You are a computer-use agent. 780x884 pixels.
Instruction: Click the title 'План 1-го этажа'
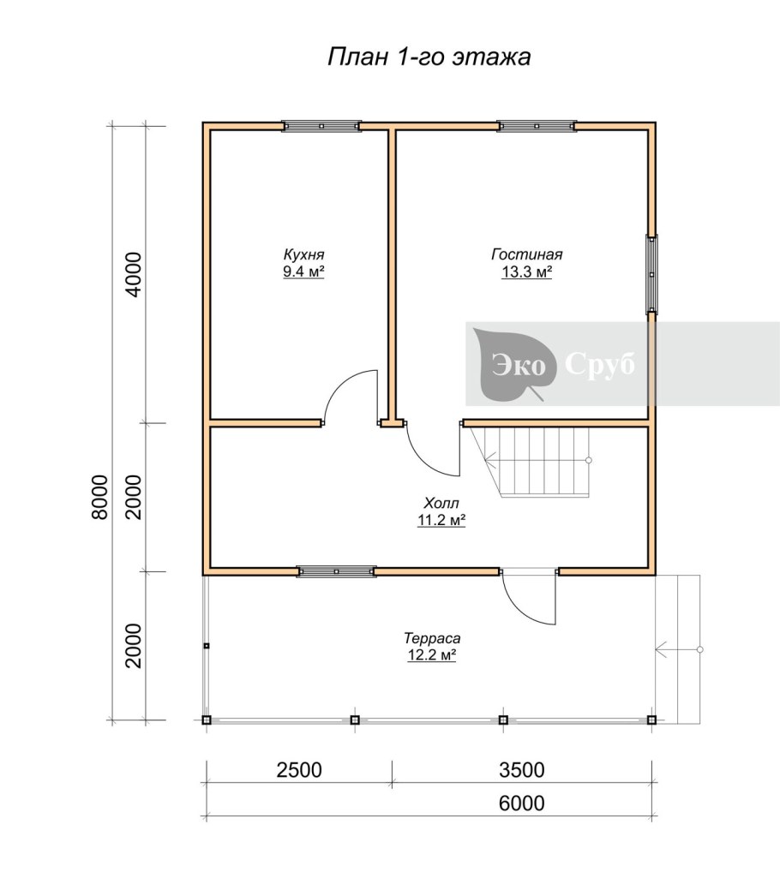coord(429,57)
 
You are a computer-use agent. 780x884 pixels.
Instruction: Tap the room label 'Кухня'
coord(304,254)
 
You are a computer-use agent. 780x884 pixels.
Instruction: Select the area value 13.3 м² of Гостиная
coord(527,272)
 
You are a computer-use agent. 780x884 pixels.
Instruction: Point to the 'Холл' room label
coord(441,503)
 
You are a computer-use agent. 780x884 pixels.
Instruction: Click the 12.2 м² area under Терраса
coord(431,655)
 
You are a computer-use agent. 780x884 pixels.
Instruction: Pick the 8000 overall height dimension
coord(99,497)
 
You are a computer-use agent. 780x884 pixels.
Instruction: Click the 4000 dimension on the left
coord(134,275)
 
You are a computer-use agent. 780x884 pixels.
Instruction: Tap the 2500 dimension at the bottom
coord(299,770)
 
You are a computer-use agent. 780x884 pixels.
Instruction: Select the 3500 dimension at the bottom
coord(522,770)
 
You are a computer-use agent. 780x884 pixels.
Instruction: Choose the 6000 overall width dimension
coord(522,803)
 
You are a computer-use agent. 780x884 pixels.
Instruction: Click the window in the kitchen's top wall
coord(321,126)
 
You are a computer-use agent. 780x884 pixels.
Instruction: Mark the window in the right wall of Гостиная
coord(651,275)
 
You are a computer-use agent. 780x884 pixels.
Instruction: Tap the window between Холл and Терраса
coord(336,571)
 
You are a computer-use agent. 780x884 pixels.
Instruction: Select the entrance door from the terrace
coord(529,598)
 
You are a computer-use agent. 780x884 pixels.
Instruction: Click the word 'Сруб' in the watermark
coord(599,364)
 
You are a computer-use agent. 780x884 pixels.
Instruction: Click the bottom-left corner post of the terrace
coord(207,720)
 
